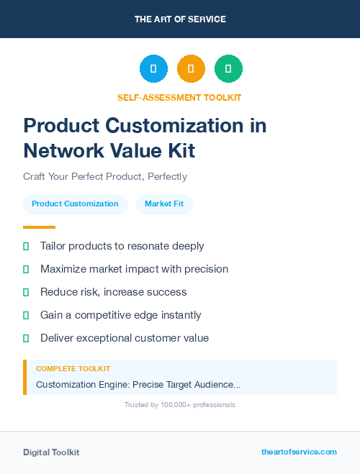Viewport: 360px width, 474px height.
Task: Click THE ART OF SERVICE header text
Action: tap(180, 19)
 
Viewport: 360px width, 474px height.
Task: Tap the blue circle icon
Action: tap(153, 69)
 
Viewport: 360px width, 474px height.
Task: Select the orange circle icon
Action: tap(191, 69)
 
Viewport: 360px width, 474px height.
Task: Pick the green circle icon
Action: tap(228, 69)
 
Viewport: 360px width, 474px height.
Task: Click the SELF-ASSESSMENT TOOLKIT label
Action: tap(179, 97)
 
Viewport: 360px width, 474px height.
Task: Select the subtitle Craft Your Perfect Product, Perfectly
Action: tap(105, 176)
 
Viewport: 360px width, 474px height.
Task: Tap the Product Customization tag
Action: tap(75, 204)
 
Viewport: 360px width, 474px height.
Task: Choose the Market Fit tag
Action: tap(164, 204)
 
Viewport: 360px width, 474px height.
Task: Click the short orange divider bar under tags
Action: tap(39, 227)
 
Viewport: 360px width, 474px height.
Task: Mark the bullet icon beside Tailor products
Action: tap(26, 247)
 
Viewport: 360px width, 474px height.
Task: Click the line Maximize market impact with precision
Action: tap(134, 269)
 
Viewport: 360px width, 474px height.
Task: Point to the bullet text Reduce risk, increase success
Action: tap(113, 292)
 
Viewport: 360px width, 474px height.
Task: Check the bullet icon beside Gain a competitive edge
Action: tap(26, 315)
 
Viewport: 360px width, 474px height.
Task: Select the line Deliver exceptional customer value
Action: tap(124, 338)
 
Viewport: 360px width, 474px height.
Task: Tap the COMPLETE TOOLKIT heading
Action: tap(73, 368)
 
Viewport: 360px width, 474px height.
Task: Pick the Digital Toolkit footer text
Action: tap(51, 452)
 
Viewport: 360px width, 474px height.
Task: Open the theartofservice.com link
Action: tap(299, 452)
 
